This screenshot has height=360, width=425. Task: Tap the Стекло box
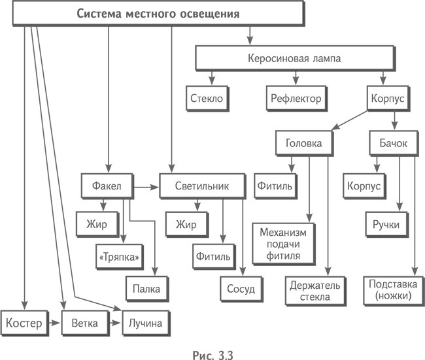[x=207, y=98]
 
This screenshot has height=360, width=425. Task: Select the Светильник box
[x=201, y=186]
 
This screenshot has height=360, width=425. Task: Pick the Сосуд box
[x=241, y=287]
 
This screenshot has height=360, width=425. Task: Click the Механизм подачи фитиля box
[x=284, y=242]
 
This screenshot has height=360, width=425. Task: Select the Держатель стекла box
[x=309, y=290]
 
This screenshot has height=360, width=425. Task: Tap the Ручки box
[x=386, y=226]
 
